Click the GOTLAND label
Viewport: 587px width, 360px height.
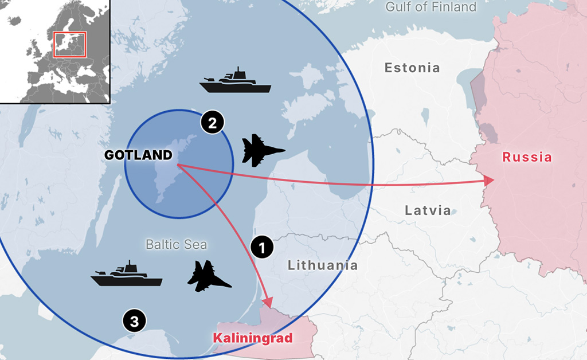pyautogui.click(x=138, y=155)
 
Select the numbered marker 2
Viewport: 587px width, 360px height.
pyautogui.click(x=212, y=123)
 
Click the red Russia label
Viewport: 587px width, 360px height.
pyautogui.click(x=527, y=157)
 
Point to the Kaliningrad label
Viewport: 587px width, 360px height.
pyautogui.click(x=253, y=338)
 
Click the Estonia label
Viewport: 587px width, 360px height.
pyautogui.click(x=412, y=68)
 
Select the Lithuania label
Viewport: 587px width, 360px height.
pyautogui.click(x=323, y=265)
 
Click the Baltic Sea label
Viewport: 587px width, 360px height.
pyautogui.click(x=176, y=245)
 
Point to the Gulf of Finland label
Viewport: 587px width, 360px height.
pyautogui.click(x=431, y=7)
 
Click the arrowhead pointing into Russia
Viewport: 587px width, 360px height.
pyautogui.click(x=489, y=180)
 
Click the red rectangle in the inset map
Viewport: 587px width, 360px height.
pyautogui.click(x=69, y=45)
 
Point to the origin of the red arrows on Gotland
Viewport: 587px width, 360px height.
pyautogui.click(x=178, y=165)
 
